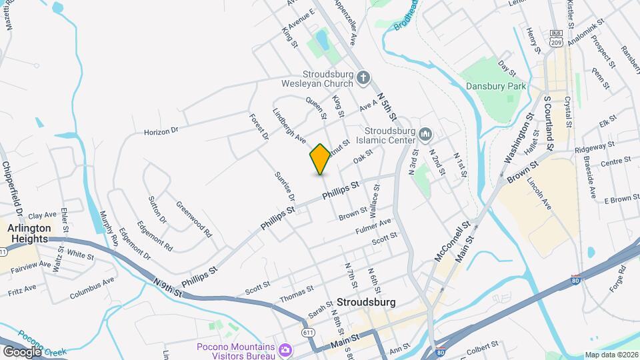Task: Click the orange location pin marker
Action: pyautogui.click(x=320, y=159)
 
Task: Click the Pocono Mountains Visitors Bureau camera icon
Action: pyautogui.click(x=286, y=349)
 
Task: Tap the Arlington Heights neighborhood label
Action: pyautogui.click(x=28, y=233)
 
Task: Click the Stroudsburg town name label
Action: pyautogui.click(x=366, y=302)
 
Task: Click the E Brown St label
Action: pyautogui.click(x=621, y=199)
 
